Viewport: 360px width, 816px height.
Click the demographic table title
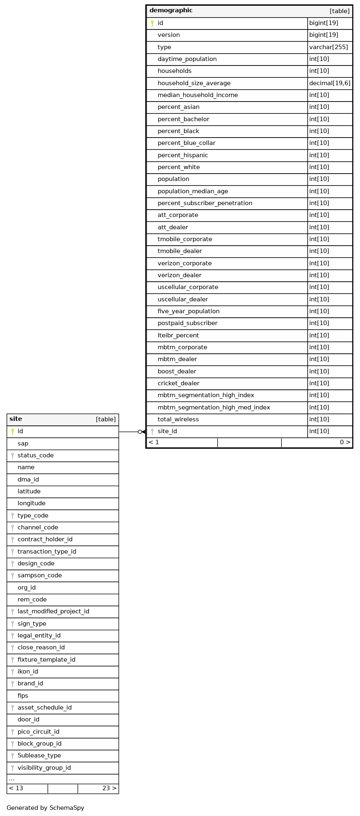point(171,11)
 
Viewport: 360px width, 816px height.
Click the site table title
point(16,419)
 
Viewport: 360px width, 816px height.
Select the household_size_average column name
point(194,83)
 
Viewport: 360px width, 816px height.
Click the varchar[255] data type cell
point(328,47)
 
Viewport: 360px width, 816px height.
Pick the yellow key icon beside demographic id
point(152,23)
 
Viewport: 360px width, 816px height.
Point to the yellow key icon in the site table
point(12,432)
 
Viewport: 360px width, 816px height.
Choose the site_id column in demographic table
point(167,431)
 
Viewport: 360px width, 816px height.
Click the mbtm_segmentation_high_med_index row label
point(214,407)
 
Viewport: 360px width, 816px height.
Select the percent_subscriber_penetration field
point(205,203)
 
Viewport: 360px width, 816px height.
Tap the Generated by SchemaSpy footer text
point(45,808)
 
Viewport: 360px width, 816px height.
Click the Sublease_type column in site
point(39,755)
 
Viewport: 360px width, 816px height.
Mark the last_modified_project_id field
point(53,611)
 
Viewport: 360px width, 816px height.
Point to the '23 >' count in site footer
point(109,788)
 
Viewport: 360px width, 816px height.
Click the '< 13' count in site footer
point(16,788)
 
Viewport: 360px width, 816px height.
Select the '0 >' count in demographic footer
point(345,442)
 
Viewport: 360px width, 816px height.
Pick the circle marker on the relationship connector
point(140,432)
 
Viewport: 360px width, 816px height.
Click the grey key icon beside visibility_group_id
point(12,768)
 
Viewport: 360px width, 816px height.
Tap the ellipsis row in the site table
point(11,779)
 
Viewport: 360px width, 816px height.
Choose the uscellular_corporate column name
point(188,287)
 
